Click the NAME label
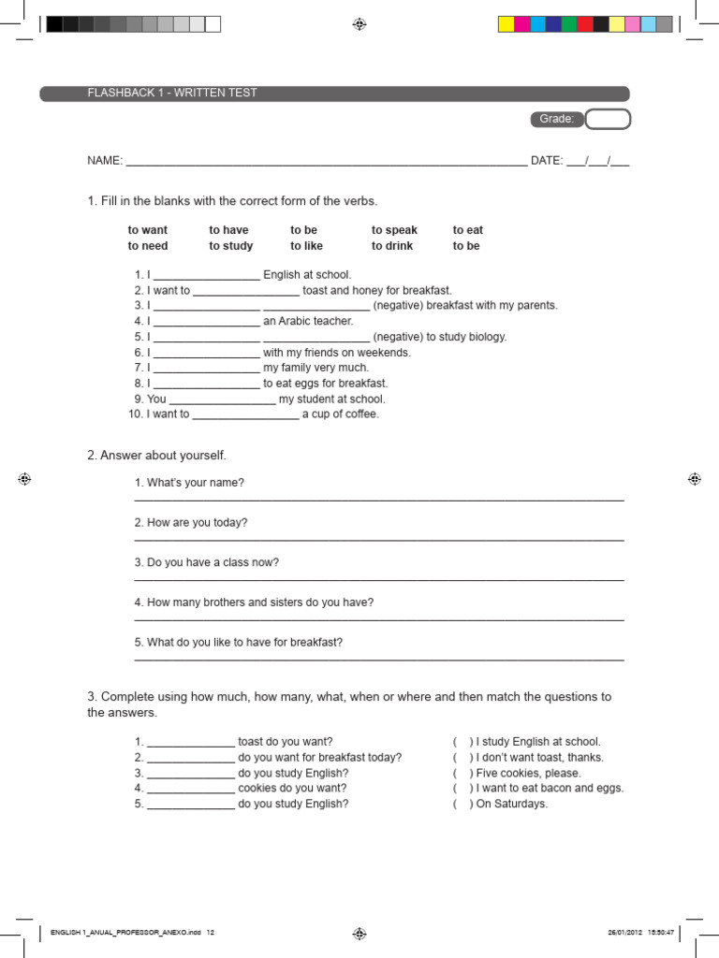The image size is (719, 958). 105,161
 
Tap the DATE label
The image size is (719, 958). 546,161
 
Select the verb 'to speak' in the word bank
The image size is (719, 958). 394,230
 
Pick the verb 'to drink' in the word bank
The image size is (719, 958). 393,246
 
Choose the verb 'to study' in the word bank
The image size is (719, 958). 230,246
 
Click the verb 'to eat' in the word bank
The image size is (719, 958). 468,230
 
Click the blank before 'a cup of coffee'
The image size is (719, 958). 245,415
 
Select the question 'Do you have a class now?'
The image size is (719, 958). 207,562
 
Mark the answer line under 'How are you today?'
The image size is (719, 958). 379,540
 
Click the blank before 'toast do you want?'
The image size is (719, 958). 191,743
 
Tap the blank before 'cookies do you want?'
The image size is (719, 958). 191,790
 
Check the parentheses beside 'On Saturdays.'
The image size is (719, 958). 462,804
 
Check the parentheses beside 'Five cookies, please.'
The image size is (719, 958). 462,774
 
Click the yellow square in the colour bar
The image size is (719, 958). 506,24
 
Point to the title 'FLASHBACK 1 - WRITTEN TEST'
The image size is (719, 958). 172,94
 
